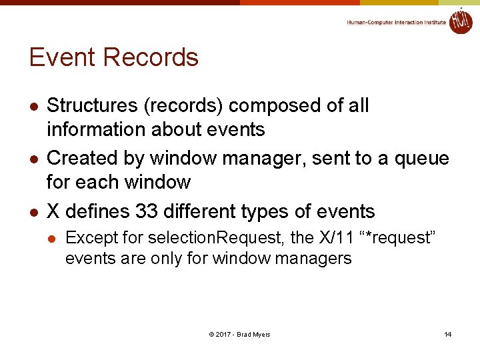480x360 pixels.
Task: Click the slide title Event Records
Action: [x=114, y=58]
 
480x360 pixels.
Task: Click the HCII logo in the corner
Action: [x=460, y=21]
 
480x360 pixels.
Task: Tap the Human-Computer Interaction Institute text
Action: [x=396, y=23]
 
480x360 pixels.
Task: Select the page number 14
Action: [x=448, y=334]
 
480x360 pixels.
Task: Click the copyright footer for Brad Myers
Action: [x=239, y=334]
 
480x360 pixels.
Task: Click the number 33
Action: [x=147, y=211]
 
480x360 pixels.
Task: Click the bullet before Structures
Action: [x=33, y=106]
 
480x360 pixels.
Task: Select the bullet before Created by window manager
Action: [x=33, y=159]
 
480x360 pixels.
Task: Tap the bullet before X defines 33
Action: [x=33, y=212]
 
